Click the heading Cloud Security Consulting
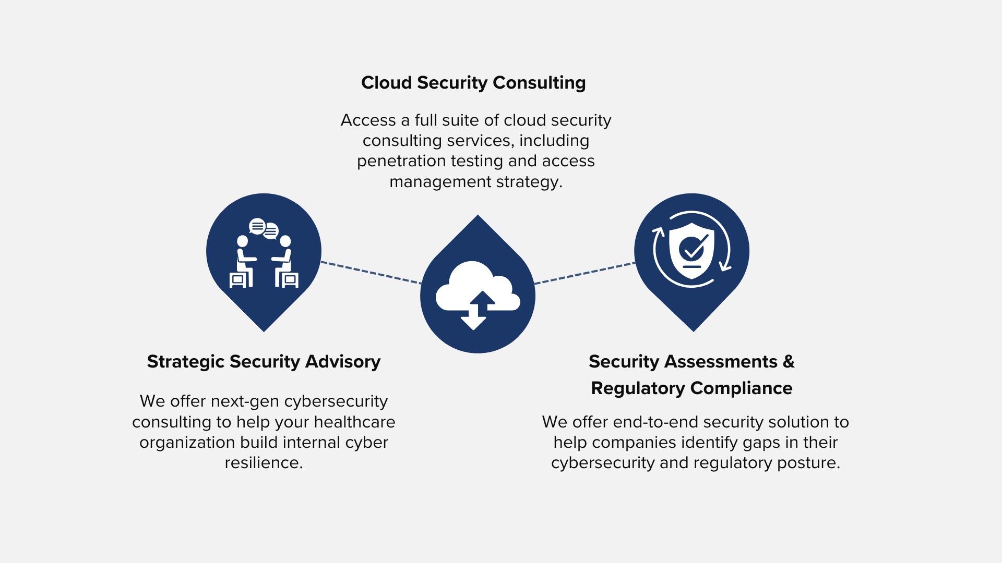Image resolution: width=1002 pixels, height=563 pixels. [x=473, y=83]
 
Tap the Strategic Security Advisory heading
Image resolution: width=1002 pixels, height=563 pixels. [x=264, y=362]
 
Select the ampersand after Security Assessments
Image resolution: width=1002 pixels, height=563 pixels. [x=789, y=361]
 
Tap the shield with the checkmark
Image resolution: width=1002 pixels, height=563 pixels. [x=691, y=250]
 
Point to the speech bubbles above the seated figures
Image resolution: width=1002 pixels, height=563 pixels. [x=264, y=228]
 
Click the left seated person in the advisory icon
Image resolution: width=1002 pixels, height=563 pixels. [x=243, y=261]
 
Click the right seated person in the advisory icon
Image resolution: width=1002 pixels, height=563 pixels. [x=284, y=261]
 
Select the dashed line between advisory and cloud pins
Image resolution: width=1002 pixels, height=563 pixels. [x=371, y=273]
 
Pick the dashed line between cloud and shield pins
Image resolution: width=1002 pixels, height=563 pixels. [x=584, y=273]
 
